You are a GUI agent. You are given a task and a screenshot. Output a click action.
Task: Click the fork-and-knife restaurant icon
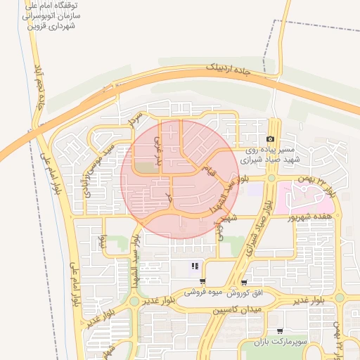[x=195, y=266]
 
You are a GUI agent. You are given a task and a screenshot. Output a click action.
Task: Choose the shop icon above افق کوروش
[x=244, y=282]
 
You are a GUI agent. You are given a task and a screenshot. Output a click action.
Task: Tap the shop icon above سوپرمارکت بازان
[x=280, y=331]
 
